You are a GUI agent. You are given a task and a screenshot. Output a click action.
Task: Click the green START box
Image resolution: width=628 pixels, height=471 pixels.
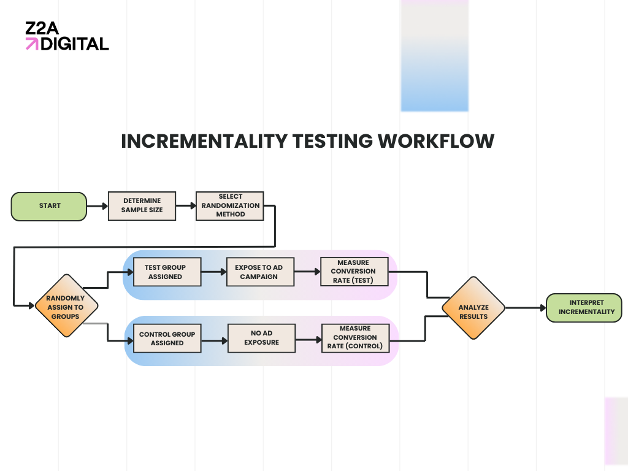click(x=49, y=206)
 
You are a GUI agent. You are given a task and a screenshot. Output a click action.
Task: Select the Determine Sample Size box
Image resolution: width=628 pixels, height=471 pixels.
click(x=142, y=206)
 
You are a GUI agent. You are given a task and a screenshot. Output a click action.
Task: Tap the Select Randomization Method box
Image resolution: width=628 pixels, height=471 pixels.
click(x=230, y=206)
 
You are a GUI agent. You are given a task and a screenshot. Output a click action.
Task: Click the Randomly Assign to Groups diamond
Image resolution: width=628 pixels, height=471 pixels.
click(x=66, y=305)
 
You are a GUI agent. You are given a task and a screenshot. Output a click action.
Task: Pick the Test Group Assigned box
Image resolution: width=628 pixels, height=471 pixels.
click(x=165, y=272)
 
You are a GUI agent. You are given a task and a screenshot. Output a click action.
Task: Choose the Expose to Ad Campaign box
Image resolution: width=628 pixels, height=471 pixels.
click(x=259, y=272)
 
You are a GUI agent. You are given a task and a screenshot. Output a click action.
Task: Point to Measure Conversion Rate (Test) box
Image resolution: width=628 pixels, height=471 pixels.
click(x=353, y=271)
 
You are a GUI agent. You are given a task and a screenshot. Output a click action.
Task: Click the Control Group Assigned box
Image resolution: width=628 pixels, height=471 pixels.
click(x=167, y=339)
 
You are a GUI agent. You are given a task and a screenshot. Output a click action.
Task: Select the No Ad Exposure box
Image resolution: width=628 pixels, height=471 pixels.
click(x=261, y=339)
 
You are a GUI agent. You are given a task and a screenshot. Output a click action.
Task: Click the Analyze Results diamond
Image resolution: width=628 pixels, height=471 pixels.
click(x=473, y=308)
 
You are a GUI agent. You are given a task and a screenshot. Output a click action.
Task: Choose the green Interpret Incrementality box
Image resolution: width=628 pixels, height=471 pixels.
click(x=584, y=308)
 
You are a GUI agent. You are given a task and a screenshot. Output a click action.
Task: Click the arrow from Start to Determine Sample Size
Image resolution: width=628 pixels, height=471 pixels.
click(x=97, y=206)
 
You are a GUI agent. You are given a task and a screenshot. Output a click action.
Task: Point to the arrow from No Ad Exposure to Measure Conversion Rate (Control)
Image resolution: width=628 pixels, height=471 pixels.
click(x=308, y=339)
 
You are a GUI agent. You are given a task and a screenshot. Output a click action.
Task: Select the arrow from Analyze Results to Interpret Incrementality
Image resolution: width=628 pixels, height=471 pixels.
click(x=525, y=308)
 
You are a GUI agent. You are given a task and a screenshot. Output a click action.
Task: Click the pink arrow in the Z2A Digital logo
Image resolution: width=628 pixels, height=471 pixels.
click(x=31, y=44)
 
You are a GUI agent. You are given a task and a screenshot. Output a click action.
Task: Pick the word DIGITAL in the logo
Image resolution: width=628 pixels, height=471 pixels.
click(x=75, y=44)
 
